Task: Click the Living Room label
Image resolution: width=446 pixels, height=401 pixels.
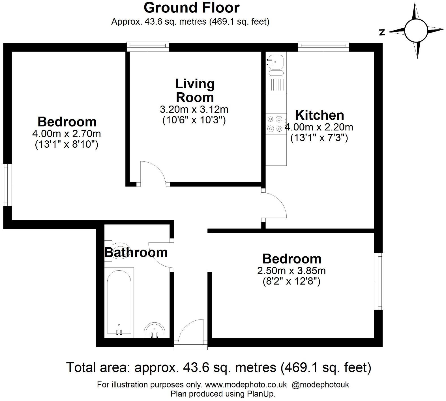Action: coord(195,91)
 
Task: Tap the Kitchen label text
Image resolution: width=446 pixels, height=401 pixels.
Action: coord(320,115)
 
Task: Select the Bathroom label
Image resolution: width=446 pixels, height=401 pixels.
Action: coord(136,252)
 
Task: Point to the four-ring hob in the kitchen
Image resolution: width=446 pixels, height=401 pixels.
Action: coord(276,124)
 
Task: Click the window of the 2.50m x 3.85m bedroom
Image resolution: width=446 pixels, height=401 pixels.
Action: coord(379,281)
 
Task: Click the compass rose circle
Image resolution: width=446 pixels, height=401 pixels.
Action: coord(415,30)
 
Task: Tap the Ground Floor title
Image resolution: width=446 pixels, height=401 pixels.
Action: coord(191,8)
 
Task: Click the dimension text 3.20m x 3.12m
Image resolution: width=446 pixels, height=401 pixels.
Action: coord(194,109)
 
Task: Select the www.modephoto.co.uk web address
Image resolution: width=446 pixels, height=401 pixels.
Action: coord(246,385)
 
